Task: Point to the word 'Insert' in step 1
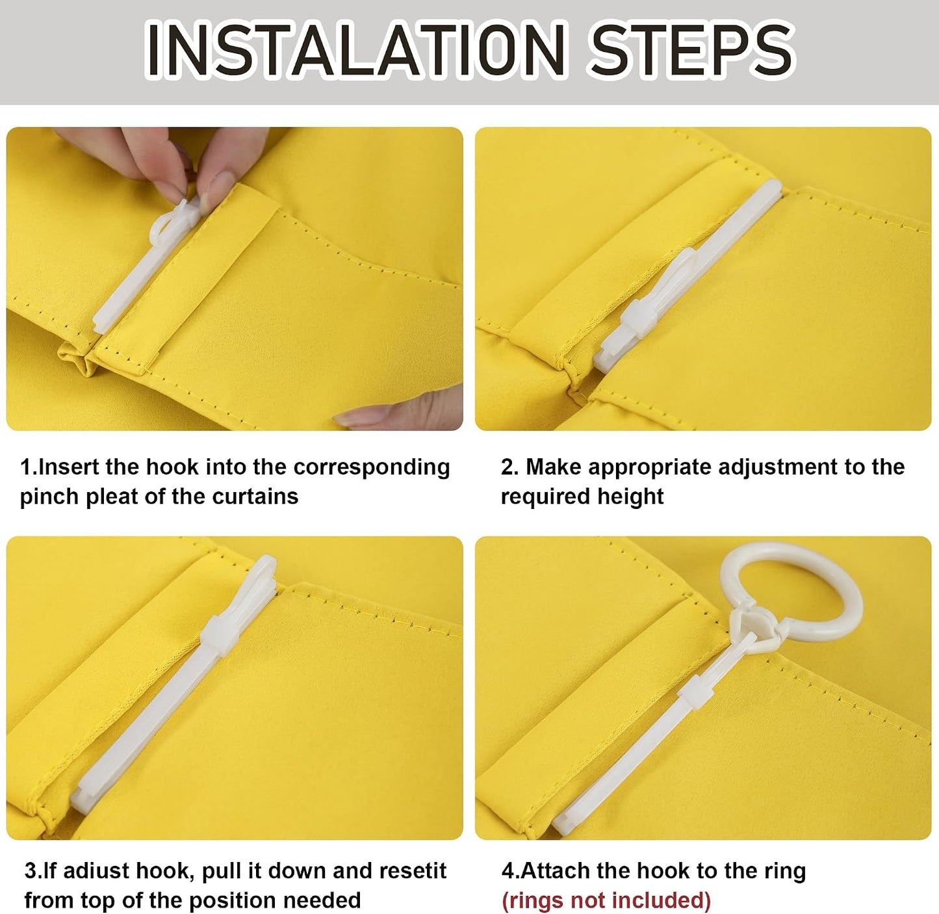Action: [x=68, y=467]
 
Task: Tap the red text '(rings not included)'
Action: [x=606, y=901]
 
